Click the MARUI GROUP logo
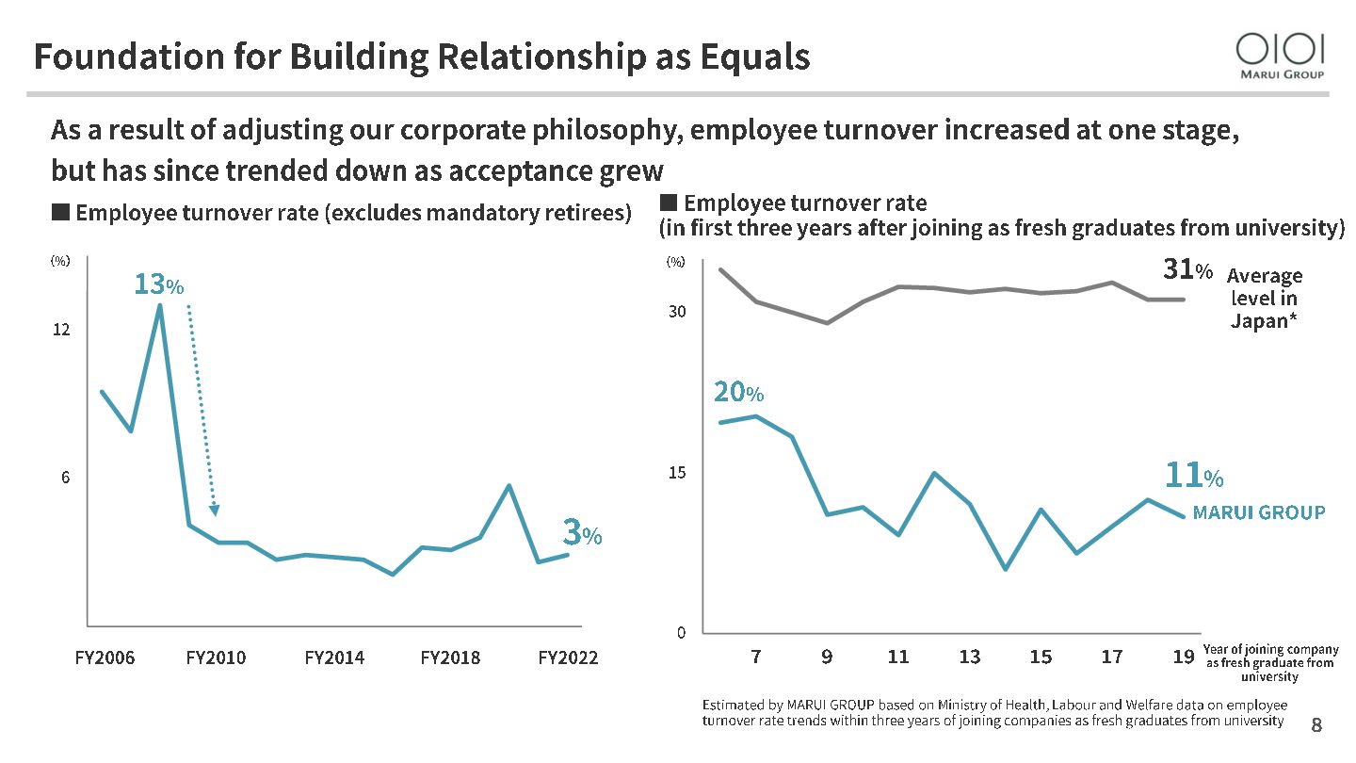(x=1281, y=55)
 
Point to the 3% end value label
(x=581, y=534)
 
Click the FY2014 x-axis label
(x=334, y=657)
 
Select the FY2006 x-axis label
(x=105, y=657)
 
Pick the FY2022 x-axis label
(x=568, y=657)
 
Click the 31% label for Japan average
(x=1187, y=270)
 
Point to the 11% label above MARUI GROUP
(x=1193, y=477)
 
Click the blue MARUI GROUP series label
(x=1258, y=512)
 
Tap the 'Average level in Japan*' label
(x=1265, y=298)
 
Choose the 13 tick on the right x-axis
(x=969, y=657)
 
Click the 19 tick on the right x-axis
(x=1184, y=657)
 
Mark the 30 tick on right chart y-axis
(x=677, y=312)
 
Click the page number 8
(x=1316, y=724)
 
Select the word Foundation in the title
(x=107, y=57)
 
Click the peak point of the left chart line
(x=159, y=304)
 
